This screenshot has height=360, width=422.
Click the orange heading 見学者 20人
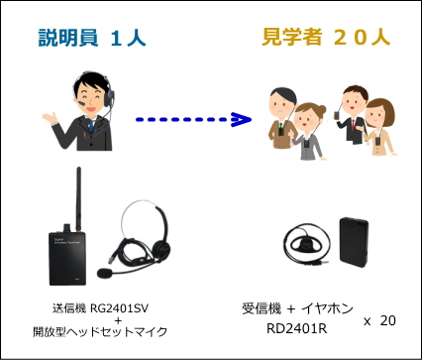(326, 40)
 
